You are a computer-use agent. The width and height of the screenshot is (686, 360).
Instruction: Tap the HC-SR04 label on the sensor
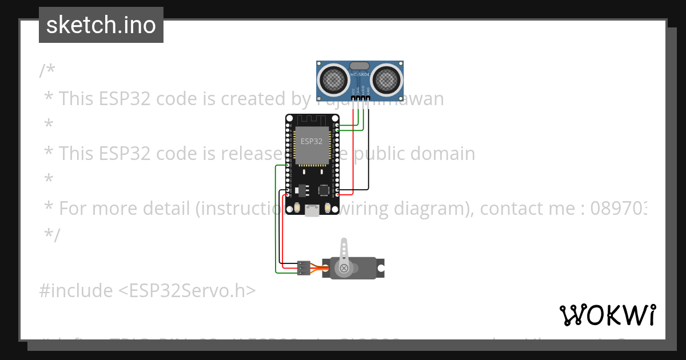(x=360, y=75)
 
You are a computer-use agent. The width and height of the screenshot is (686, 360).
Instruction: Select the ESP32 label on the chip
(x=311, y=141)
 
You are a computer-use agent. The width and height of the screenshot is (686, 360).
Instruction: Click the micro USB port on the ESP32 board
(x=312, y=211)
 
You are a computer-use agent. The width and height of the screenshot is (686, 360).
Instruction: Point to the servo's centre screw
(x=344, y=268)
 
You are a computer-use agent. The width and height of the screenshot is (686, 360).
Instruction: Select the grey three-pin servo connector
(x=304, y=267)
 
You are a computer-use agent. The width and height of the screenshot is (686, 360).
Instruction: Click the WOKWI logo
(x=607, y=315)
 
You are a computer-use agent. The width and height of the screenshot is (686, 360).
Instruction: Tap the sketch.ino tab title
(x=101, y=25)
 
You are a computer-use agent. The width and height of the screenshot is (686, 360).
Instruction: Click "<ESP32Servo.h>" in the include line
(x=187, y=290)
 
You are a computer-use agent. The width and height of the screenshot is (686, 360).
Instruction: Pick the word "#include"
(x=76, y=290)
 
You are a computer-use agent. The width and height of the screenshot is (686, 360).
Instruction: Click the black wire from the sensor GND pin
(x=369, y=149)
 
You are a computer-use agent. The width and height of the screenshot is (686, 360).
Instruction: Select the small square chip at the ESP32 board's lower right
(x=324, y=189)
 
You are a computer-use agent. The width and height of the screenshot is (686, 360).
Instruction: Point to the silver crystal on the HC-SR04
(x=360, y=66)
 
